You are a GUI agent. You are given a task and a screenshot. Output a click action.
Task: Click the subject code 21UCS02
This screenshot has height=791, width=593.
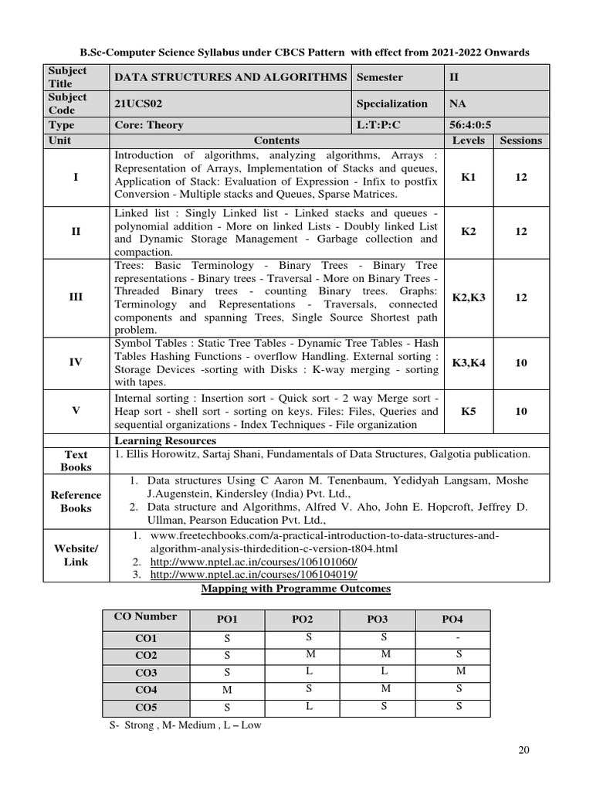tap(137, 104)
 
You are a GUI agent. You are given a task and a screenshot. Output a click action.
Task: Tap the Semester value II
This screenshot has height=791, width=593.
tap(453, 77)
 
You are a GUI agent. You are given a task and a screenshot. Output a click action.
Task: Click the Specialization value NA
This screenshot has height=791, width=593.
tap(456, 104)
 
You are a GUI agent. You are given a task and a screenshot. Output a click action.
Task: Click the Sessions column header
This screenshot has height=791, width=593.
tap(521, 141)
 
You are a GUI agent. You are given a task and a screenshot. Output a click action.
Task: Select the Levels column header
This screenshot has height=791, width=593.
tap(469, 141)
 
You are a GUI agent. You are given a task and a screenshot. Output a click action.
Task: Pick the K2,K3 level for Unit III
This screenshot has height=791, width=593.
tap(469, 297)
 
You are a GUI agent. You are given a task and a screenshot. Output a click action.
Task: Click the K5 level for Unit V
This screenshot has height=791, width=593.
tap(469, 411)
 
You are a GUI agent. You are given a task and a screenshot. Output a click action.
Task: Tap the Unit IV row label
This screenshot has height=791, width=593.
tap(76, 362)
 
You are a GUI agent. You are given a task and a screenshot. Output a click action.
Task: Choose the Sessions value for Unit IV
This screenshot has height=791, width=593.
tap(521, 362)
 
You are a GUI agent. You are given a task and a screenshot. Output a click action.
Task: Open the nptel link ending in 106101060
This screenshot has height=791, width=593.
tap(253, 562)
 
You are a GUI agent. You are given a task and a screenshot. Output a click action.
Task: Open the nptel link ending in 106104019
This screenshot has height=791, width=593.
tap(253, 575)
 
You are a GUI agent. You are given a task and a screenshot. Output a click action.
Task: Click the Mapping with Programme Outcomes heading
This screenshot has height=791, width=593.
tap(296, 589)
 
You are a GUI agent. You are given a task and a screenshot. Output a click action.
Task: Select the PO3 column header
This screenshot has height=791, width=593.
tap(377, 620)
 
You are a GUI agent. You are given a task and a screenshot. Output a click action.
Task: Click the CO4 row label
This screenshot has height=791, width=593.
tap(146, 690)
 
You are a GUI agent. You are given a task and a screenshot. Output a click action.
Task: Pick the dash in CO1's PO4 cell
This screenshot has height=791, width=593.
tap(459, 638)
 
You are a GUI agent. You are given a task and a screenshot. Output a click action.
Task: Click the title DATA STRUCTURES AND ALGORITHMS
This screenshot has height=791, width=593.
tap(230, 77)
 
